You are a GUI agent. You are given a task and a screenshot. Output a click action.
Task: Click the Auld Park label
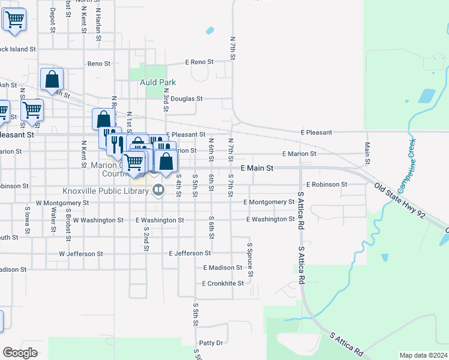coord(157,82)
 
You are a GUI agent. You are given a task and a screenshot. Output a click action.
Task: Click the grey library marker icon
coord(158,191)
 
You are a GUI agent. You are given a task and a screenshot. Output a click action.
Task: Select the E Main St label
coord(257,169)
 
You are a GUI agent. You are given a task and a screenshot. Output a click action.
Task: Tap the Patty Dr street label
coord(211,343)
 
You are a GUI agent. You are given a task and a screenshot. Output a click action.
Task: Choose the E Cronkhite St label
coord(223,283)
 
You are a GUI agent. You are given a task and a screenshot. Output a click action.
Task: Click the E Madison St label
coord(223,268)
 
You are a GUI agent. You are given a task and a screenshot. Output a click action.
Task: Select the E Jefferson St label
coord(190,254)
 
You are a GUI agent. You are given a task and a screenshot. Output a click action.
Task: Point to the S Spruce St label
coord(250,260)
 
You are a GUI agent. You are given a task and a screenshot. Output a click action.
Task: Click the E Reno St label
coord(199,62)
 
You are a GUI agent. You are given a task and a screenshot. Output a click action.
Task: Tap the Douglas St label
coord(187,98)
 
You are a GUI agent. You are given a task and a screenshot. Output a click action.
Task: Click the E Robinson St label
coord(327,185)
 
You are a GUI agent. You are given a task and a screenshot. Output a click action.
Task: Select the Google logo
coord(19,353)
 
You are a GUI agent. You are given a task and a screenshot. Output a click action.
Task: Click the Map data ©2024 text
coord(423,355)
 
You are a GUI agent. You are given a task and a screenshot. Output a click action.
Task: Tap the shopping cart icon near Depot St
coord(14,19)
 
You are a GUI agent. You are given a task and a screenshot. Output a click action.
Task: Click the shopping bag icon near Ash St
coord(52,79)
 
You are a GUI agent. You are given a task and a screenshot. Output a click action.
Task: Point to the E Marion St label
coord(299,154)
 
